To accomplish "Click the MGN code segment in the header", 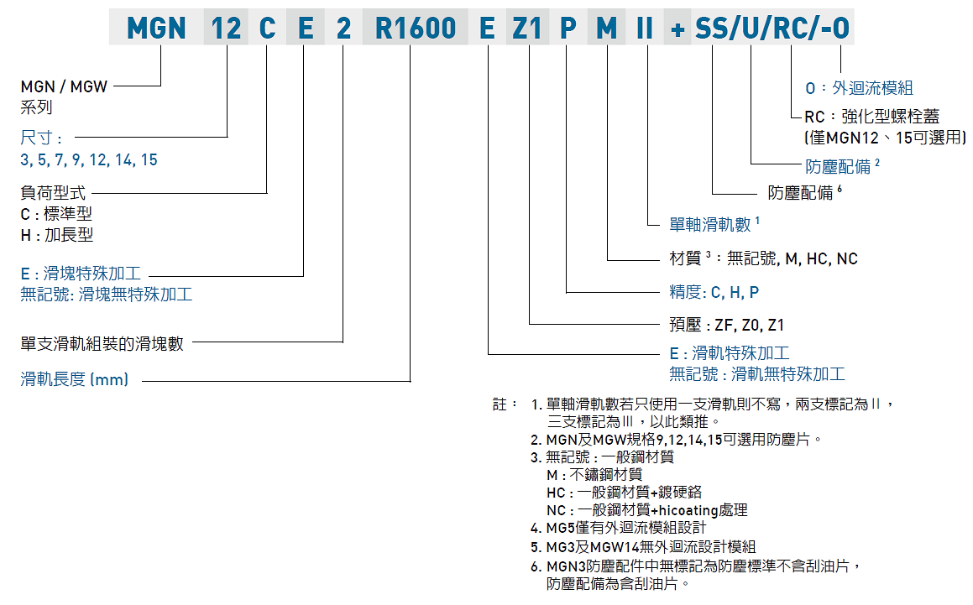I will tap(156, 29).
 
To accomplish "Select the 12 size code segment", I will tap(226, 29).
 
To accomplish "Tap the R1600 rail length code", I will tap(416, 29).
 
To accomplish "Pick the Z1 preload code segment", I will tap(526, 29).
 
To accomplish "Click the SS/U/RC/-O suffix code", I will tap(772, 29).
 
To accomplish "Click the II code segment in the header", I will tap(645, 29).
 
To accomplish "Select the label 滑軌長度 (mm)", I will tap(75, 379).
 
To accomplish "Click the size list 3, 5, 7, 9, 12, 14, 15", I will tap(89, 159).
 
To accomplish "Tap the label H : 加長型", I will tap(57, 235).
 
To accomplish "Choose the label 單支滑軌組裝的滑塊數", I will tap(102, 343).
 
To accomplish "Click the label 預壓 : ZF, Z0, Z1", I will tap(726, 325).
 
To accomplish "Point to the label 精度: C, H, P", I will tap(714, 292).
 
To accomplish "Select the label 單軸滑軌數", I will tap(710, 224).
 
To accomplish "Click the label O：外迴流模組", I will tap(859, 88).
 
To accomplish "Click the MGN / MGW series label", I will tap(64, 86).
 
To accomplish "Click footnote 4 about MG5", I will tap(625, 528).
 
